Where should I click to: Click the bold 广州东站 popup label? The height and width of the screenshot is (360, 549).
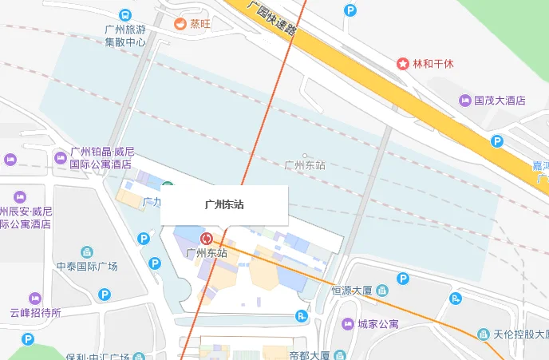[224, 204]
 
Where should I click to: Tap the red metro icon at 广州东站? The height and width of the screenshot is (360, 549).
[207, 238]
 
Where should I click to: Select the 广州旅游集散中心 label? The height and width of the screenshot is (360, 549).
[125, 36]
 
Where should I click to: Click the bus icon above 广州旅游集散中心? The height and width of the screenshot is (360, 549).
[125, 15]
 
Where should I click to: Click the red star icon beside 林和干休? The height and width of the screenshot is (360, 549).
[404, 63]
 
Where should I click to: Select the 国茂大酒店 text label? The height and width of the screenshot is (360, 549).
[500, 101]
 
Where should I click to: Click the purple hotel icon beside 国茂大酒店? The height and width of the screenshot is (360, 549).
[465, 101]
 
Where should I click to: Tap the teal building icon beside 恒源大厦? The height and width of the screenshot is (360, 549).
[381, 289]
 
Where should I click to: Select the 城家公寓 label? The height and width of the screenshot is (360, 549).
[378, 324]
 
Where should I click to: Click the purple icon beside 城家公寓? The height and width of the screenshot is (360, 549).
[347, 324]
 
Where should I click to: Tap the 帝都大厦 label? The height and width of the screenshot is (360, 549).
[310, 355]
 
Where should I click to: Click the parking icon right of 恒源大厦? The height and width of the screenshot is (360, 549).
[403, 279]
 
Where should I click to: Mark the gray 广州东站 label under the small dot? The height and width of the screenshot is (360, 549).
[305, 165]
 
